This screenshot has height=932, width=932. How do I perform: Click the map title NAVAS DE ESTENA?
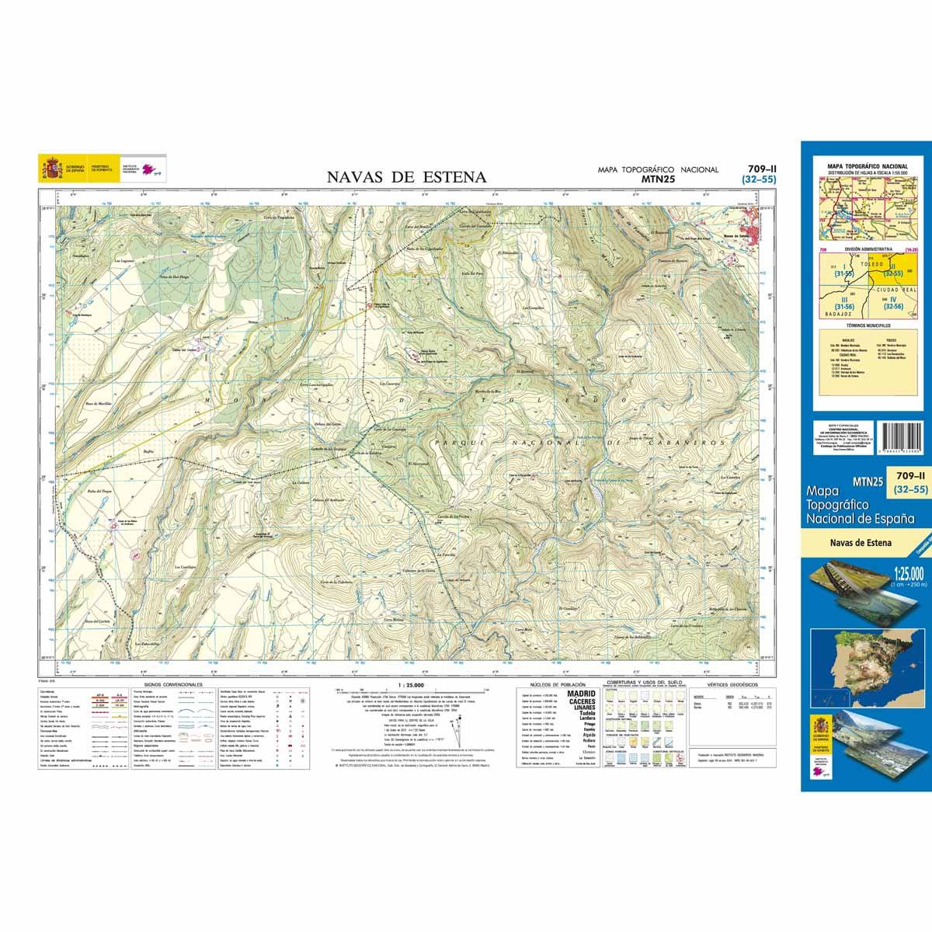406,178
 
